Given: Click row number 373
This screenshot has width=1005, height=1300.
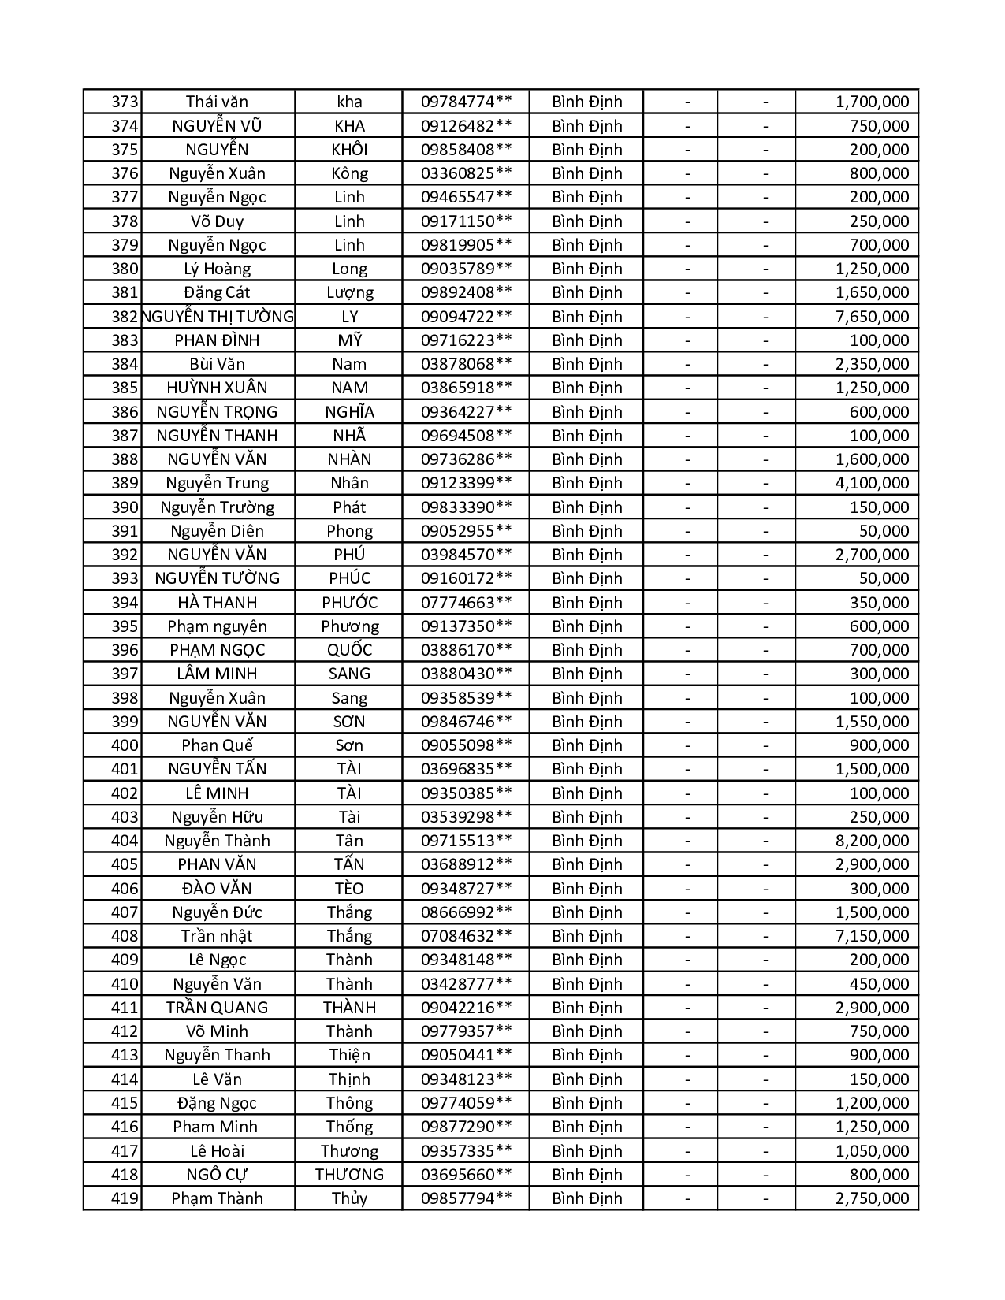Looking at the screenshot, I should tap(125, 102).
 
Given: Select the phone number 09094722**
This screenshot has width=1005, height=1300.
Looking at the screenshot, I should tap(466, 317).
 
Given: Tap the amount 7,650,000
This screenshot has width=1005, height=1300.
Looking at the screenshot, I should tap(872, 317).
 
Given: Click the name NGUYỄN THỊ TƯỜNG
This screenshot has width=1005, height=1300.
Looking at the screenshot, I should tap(218, 317).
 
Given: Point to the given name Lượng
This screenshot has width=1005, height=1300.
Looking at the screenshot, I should tap(349, 292).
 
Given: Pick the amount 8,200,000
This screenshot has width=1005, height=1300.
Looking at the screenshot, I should tap(872, 841).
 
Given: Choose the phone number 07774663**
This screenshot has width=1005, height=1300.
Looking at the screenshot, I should tap(466, 603).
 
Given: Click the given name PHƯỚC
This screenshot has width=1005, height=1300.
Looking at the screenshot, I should tap(349, 603).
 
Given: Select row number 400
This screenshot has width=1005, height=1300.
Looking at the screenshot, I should tap(125, 745).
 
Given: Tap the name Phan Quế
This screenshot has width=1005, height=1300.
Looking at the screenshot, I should tap(217, 745).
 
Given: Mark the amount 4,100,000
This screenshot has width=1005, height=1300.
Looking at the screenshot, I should tap(872, 483).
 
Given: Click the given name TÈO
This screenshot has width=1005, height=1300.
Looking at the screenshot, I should tap(349, 889).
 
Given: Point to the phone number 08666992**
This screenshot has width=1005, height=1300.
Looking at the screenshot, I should tap(466, 912).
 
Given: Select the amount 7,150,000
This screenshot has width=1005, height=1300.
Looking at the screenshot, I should tap(872, 936).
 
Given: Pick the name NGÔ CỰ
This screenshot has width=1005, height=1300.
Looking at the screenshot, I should tap(217, 1175).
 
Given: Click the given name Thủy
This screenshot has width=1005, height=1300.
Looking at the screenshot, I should tap(349, 1198).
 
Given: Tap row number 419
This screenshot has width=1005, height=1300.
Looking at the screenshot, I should tap(125, 1198).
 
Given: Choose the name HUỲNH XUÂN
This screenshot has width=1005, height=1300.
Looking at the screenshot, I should tap(217, 388).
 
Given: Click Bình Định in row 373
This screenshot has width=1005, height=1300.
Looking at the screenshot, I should tap(586, 102).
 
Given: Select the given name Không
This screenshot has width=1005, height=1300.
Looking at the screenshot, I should tap(349, 173).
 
